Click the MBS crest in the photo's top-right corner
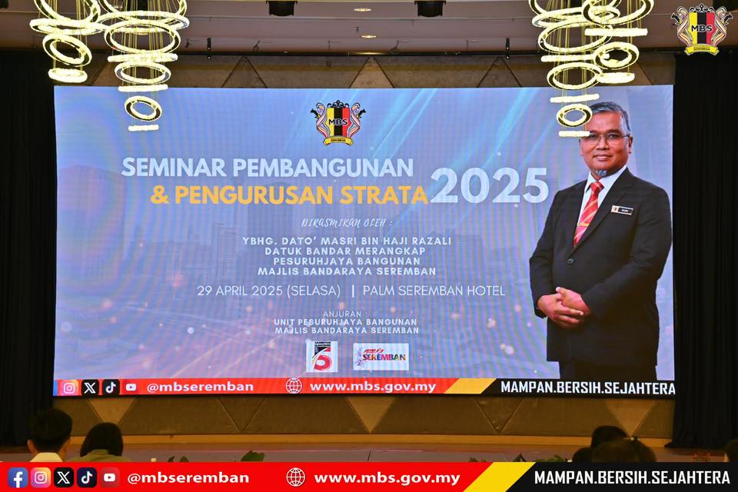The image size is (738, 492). click(x=700, y=28)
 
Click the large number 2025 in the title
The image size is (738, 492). click(x=489, y=185)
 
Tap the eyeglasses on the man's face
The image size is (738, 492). click(x=605, y=138)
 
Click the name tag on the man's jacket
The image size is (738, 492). click(x=621, y=209)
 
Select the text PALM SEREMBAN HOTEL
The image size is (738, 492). click(x=434, y=291)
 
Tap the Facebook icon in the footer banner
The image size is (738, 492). click(x=18, y=477)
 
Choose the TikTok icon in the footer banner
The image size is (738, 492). click(x=87, y=477)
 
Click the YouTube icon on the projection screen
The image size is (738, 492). click(x=131, y=387)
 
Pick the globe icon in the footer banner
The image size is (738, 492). click(x=295, y=477)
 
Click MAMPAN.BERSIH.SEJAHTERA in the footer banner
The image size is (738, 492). click(x=632, y=477)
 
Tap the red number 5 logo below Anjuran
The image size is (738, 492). click(x=321, y=356)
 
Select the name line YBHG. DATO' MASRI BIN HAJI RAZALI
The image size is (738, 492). click(x=347, y=241)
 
